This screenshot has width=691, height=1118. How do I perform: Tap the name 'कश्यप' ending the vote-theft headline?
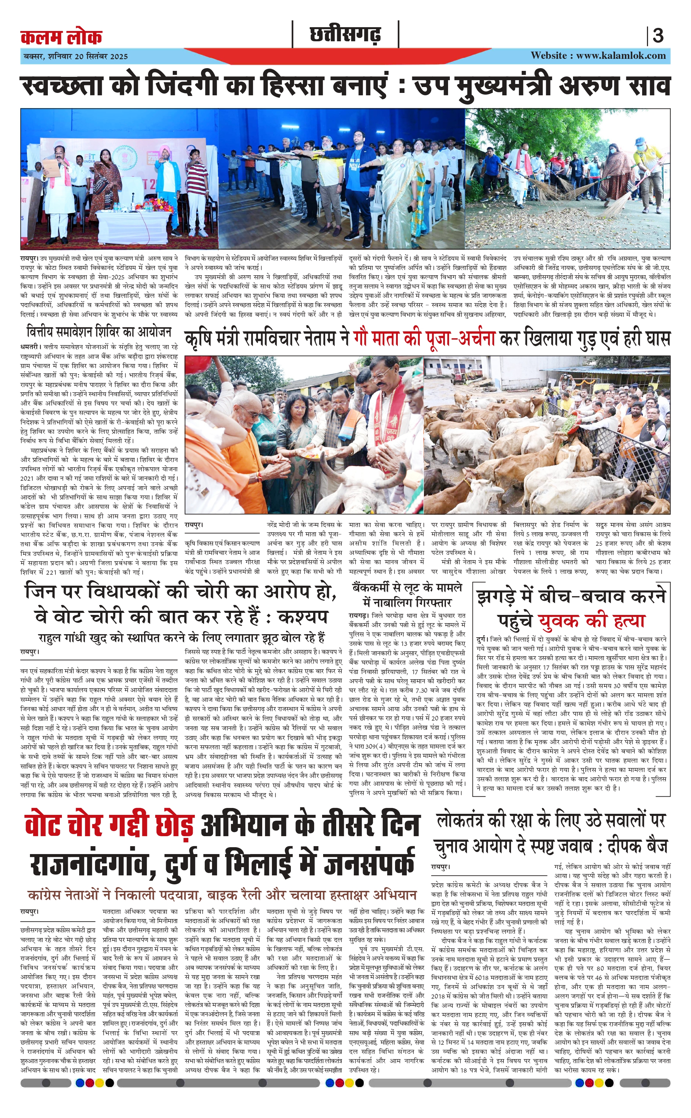tap(302, 616)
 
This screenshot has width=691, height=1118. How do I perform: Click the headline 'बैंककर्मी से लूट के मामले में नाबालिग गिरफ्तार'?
tap(407, 594)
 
